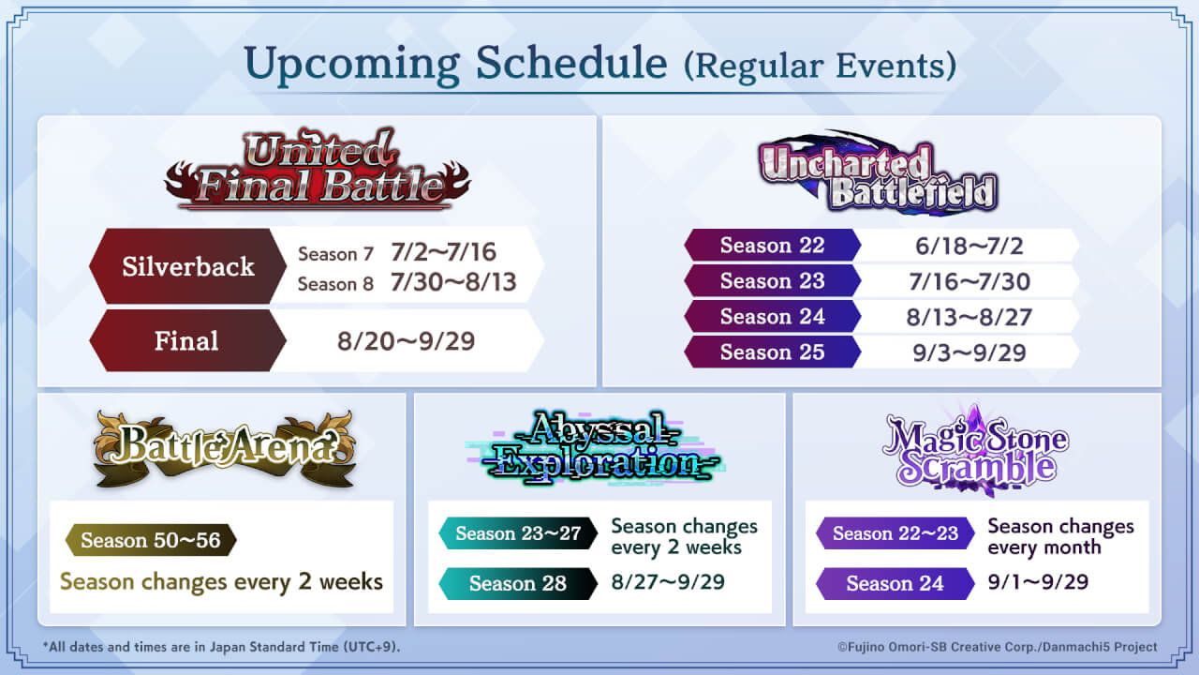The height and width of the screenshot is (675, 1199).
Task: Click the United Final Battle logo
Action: [318, 169]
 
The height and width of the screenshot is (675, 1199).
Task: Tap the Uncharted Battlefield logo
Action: [878, 172]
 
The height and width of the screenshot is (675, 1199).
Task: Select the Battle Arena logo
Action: [224, 449]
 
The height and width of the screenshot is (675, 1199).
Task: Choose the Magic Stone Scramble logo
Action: [975, 450]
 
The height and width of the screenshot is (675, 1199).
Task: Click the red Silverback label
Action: [188, 266]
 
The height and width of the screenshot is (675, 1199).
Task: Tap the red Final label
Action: [188, 340]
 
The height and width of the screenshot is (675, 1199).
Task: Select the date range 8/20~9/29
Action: [406, 341]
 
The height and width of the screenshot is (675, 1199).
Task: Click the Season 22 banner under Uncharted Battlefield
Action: [773, 246]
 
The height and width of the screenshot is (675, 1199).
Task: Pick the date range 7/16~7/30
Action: [970, 282]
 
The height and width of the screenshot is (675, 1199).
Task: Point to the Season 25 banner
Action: [773, 352]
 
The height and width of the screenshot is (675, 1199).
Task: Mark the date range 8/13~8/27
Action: [970, 317]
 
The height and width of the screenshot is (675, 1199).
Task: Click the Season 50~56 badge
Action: [151, 540]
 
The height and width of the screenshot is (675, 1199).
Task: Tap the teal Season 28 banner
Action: [518, 583]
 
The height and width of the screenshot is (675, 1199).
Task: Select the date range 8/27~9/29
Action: [668, 582]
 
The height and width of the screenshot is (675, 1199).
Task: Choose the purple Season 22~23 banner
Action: [895, 533]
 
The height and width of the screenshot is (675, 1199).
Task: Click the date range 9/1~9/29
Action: [1038, 582]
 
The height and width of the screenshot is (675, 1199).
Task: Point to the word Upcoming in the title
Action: [351, 65]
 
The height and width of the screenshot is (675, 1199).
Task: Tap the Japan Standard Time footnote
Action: [221, 647]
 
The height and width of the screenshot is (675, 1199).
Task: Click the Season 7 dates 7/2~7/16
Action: [443, 252]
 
